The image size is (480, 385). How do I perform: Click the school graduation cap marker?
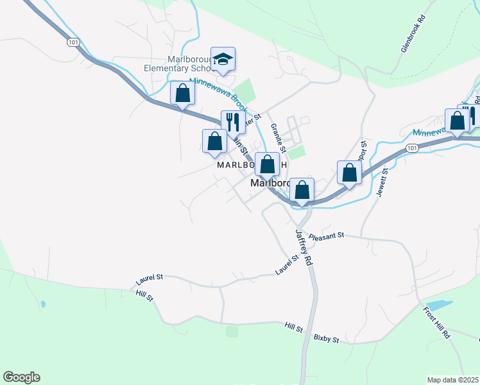[223, 60]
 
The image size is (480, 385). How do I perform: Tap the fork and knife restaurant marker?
[233, 122]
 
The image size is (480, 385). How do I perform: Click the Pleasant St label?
[327, 236]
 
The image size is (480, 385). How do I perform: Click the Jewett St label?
[382, 180]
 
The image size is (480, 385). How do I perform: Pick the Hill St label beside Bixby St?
[294, 329]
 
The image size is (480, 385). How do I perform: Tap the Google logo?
[21, 377]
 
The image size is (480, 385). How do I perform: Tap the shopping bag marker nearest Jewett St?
[348, 173]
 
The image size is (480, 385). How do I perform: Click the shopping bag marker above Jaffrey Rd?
[302, 190]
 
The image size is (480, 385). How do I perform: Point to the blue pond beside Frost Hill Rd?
[438, 305]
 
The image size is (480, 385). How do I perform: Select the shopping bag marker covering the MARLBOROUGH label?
[267, 164]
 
